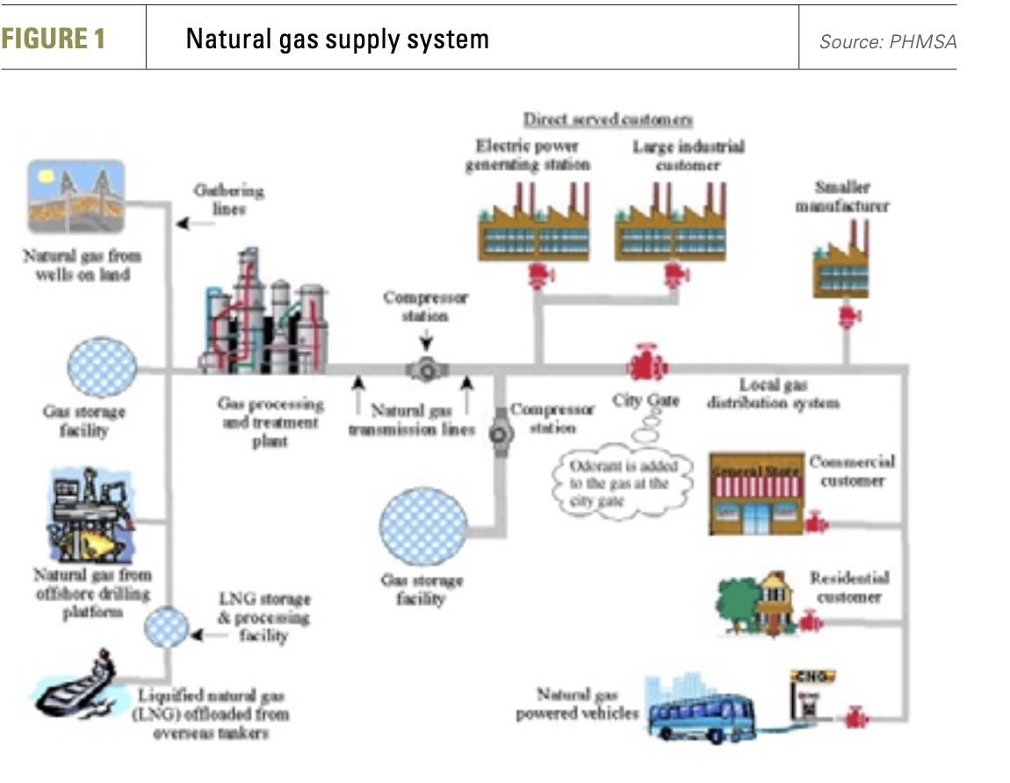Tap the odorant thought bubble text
point(620,483)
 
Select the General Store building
point(755,496)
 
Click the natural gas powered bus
point(701,712)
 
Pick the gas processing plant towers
point(263,316)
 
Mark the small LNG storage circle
point(165,625)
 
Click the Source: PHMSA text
point(887,41)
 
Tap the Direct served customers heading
point(608,119)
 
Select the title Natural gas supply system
point(337,40)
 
